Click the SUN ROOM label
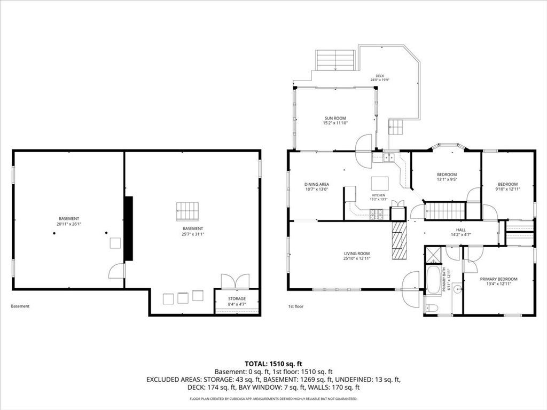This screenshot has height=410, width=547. click(x=335, y=118)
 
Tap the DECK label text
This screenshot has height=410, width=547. click(x=380, y=76)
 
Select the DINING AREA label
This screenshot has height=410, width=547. click(x=316, y=184)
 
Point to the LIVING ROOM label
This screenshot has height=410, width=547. click(x=356, y=254)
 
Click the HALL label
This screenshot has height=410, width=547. click(x=461, y=230)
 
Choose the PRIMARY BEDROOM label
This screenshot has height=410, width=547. click(x=498, y=279)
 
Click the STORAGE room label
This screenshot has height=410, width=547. click(x=237, y=299)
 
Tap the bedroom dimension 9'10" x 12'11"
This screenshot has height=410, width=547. click(x=507, y=189)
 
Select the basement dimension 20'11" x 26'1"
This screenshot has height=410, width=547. click(x=69, y=224)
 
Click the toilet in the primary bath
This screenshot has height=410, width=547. click(x=431, y=308)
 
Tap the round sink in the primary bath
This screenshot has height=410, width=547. click(x=458, y=288)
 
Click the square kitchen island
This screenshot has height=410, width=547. click(x=380, y=183)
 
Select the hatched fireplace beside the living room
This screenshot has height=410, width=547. click(x=399, y=240)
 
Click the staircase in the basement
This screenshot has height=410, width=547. click(x=187, y=211)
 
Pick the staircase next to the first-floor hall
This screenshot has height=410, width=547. click(x=446, y=210)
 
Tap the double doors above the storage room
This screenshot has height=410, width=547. click(x=235, y=281)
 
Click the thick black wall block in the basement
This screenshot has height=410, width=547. click(x=129, y=228)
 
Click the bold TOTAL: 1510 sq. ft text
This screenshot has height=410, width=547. click(x=273, y=364)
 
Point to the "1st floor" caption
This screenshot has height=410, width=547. click(x=296, y=306)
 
